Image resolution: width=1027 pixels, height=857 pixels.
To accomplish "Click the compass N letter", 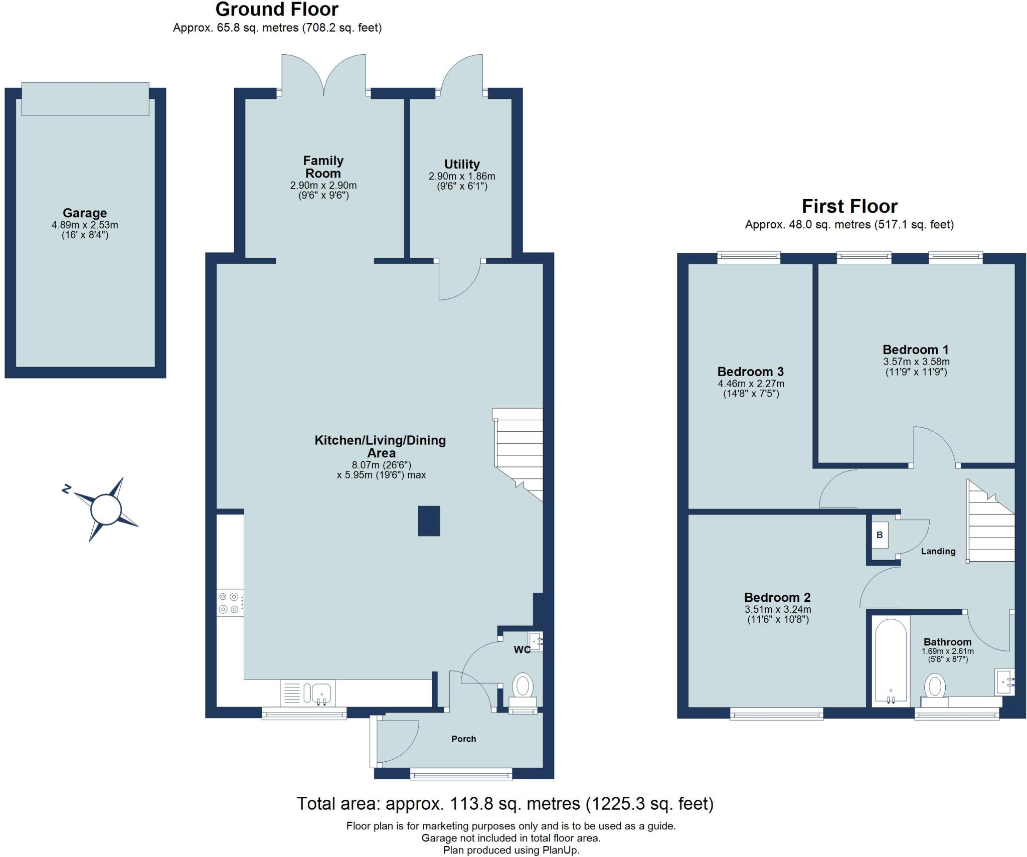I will coord(66,489).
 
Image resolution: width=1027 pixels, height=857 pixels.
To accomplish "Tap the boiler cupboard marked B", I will coord(880,535).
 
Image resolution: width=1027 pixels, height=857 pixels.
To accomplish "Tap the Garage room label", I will coord(85,213).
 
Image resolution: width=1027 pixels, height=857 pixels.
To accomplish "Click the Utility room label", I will coord(462,164).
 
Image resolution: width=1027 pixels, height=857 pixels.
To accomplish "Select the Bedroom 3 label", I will coord(750,372).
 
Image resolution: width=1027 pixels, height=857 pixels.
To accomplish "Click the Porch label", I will coord(463,739).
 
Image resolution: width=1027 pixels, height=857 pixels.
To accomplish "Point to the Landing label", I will coord(938,551).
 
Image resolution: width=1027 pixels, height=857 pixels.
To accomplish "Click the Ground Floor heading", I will coord(277,10).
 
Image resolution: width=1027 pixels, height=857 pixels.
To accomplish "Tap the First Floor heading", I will coord(849,207).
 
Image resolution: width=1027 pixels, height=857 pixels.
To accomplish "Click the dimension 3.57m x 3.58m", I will coord(916,362).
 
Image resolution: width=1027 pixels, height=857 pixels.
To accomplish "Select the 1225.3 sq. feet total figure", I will coord(649,804).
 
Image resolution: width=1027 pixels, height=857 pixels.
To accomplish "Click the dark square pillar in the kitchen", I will coord(429,521).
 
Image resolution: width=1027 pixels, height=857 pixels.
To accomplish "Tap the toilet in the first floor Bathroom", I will coord(935,688).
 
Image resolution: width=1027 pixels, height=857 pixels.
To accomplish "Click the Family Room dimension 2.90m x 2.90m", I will coord(323,186).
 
